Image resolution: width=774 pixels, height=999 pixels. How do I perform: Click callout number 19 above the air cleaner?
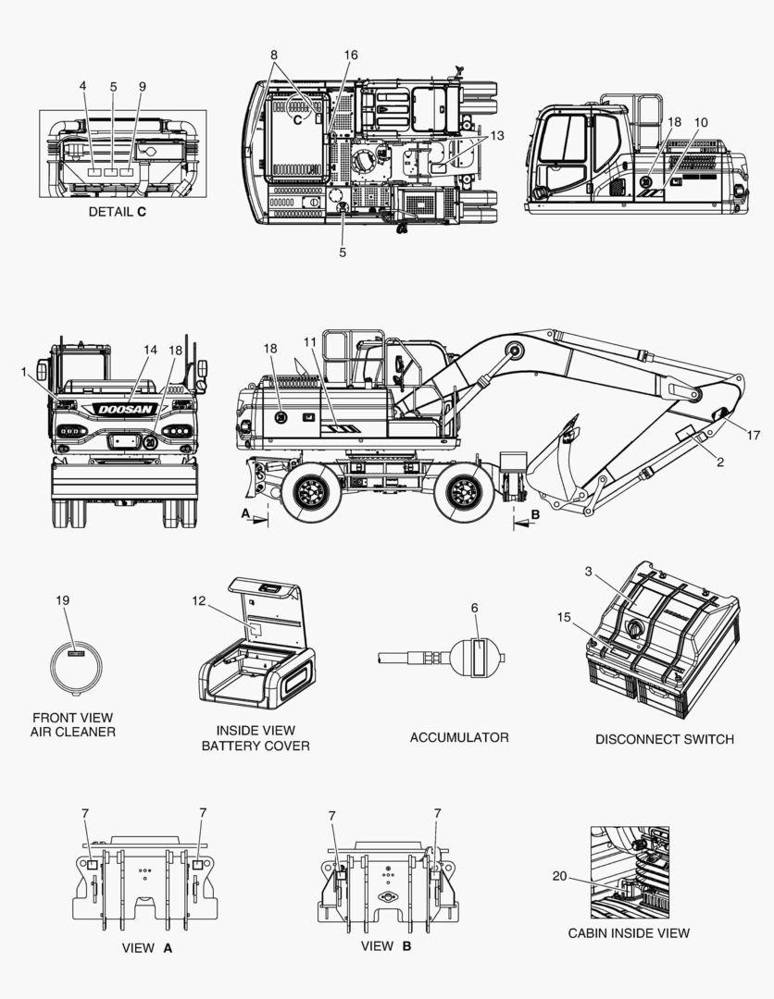[63, 601]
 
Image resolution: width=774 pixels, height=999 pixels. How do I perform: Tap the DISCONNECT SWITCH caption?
[664, 739]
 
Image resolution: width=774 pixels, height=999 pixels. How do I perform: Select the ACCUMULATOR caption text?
[459, 737]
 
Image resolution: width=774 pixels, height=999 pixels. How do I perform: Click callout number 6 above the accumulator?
[474, 608]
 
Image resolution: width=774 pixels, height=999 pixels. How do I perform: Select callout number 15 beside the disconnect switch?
[564, 617]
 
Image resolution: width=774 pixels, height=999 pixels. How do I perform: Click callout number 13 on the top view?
[497, 136]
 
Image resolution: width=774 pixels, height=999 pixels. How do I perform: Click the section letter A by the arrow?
[244, 512]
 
